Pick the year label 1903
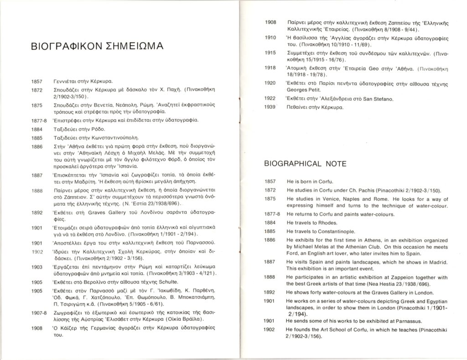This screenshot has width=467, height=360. (x=37, y=266)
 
